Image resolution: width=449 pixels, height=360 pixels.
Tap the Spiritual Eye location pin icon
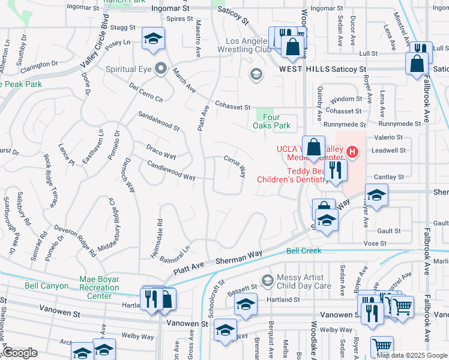(x=160, y=70)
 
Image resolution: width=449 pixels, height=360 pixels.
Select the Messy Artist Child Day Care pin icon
(x=268, y=280)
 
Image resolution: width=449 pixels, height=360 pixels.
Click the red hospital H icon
(x=353, y=153)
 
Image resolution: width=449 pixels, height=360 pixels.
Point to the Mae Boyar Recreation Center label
(x=100, y=287)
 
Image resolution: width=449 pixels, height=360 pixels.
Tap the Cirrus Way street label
(x=235, y=167)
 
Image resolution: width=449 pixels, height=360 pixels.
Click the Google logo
(x=19, y=353)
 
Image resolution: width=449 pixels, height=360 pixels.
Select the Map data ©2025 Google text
(x=412, y=355)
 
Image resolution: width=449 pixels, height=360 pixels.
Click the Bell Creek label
(x=304, y=251)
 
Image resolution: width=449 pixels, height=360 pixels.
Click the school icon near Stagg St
(x=153, y=40)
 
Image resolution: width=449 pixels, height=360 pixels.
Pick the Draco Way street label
(x=161, y=152)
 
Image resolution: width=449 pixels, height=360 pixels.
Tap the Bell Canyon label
(x=46, y=286)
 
